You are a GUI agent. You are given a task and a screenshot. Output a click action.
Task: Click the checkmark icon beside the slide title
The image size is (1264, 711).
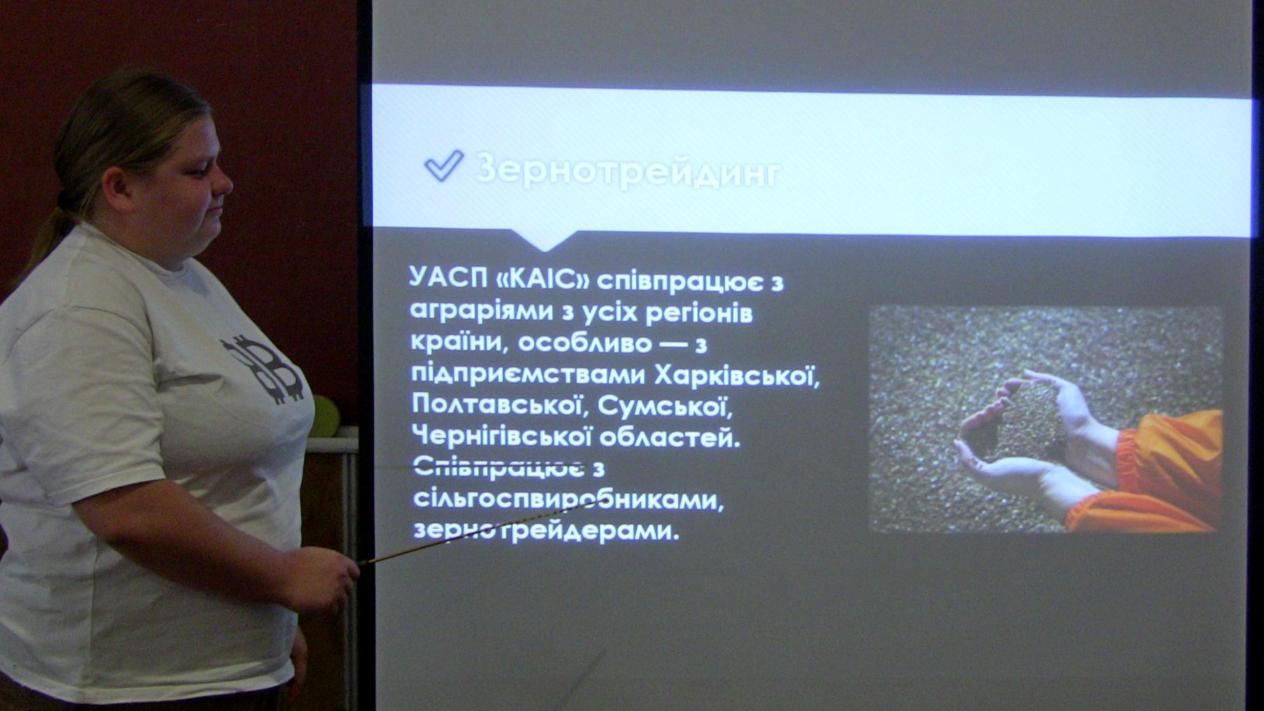(444, 166)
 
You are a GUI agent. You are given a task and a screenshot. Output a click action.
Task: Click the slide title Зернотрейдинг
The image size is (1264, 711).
(628, 170)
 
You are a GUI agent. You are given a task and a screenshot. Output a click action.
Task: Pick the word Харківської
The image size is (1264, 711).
(736, 375)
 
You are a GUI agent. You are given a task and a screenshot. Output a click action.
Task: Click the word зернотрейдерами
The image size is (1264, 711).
(546, 529)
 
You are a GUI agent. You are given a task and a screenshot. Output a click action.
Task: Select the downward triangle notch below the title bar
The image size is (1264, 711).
(544, 240)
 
